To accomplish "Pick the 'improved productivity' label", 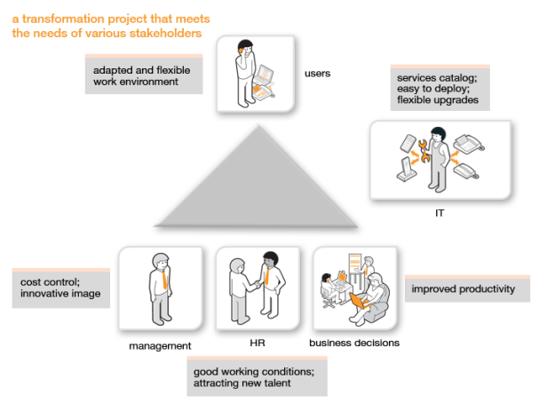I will pos(462,288).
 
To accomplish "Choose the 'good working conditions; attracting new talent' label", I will pos(256,376).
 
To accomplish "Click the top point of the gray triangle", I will pos(257,125).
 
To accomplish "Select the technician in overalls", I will pos(438,160).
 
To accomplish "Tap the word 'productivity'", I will pos(483,288).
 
